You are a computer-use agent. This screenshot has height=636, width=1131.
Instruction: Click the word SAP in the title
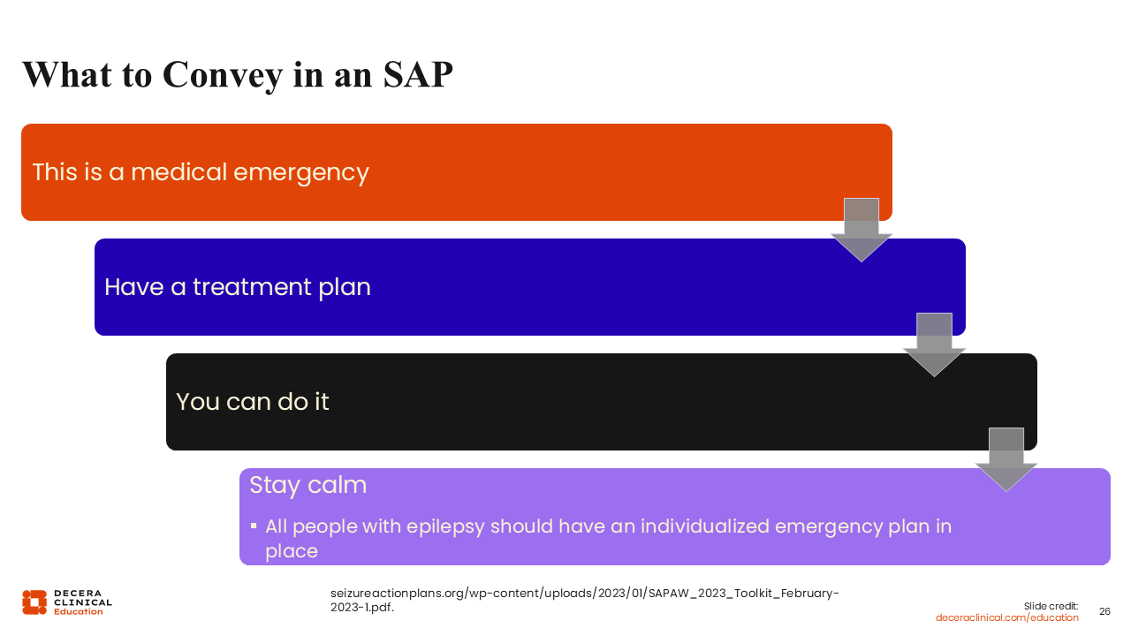click(x=418, y=75)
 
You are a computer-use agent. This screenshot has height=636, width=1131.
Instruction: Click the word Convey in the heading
click(x=223, y=76)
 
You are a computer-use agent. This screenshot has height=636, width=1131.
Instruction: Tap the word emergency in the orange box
click(x=301, y=173)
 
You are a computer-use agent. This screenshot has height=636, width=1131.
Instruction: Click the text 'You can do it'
click(x=253, y=402)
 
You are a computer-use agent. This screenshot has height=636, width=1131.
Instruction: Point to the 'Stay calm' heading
click(x=308, y=486)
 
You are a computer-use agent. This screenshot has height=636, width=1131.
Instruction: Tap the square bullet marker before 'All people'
click(x=254, y=526)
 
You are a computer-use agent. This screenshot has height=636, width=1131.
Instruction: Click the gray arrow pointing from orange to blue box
click(x=862, y=230)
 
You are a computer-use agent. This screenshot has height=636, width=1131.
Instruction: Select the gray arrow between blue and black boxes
click(x=934, y=344)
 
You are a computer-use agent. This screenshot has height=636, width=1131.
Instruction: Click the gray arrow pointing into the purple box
click(x=1006, y=459)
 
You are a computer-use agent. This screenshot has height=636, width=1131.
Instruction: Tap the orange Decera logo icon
click(x=34, y=602)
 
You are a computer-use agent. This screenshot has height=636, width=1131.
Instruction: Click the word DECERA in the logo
click(x=78, y=593)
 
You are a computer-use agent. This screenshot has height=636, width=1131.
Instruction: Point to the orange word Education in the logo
click(x=79, y=611)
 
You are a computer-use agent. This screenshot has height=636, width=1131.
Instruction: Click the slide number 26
click(x=1104, y=611)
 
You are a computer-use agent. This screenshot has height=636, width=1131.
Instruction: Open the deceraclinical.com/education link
click(x=1006, y=617)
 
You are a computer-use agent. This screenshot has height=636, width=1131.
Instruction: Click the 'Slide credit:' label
click(x=1051, y=606)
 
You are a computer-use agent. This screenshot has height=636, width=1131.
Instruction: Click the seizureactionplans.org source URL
click(x=585, y=600)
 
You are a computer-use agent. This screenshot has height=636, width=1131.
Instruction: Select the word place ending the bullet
click(x=292, y=551)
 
